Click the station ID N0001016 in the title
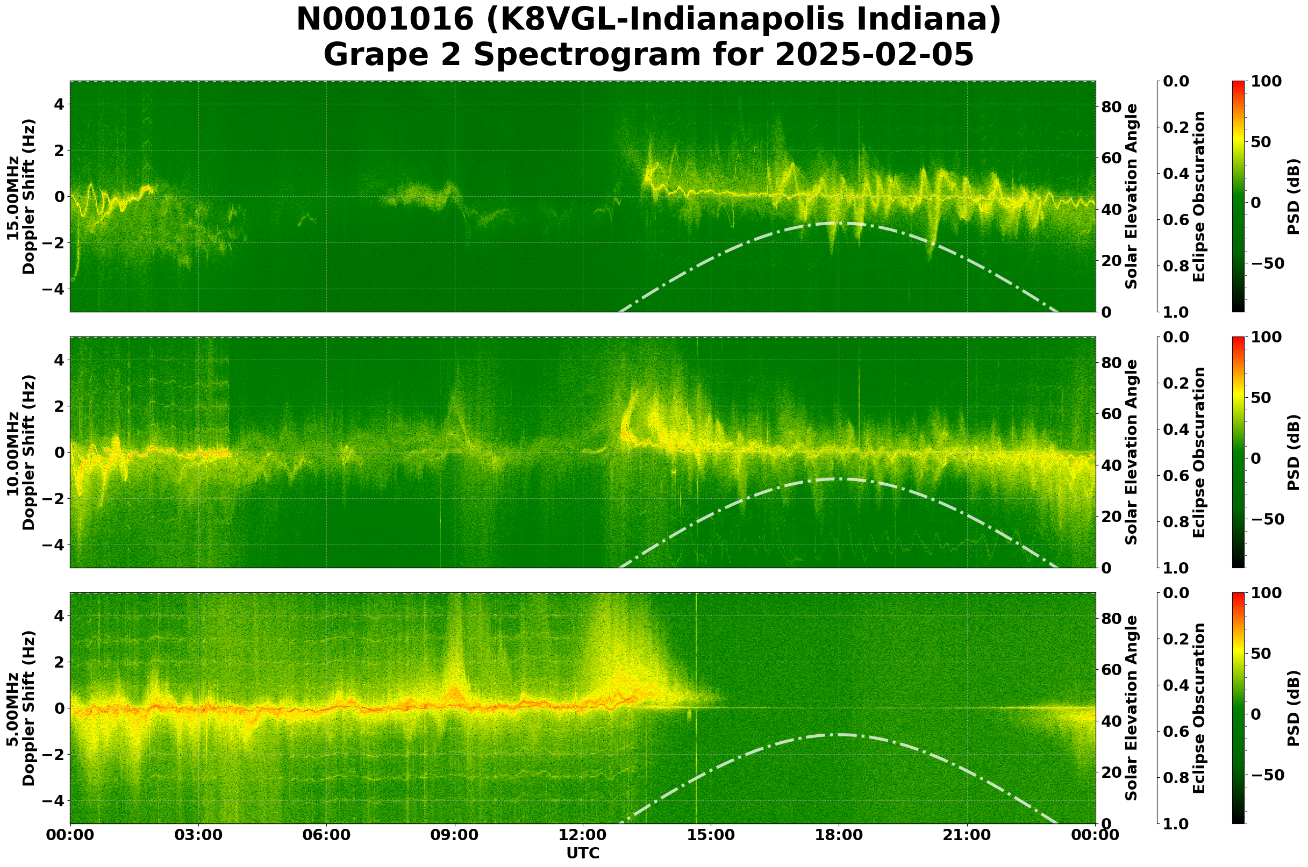385,20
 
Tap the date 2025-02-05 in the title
874,55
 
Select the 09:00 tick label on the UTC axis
455,835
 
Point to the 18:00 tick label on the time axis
839,835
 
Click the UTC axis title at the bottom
582,853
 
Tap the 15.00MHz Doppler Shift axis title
20,197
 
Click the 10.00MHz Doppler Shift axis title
20,452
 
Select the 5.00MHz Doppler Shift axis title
20,708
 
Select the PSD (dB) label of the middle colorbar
1292,452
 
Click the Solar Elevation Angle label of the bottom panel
1132,708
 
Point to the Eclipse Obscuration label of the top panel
1198,197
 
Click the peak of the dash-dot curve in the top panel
839,223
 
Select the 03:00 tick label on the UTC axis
198,835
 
